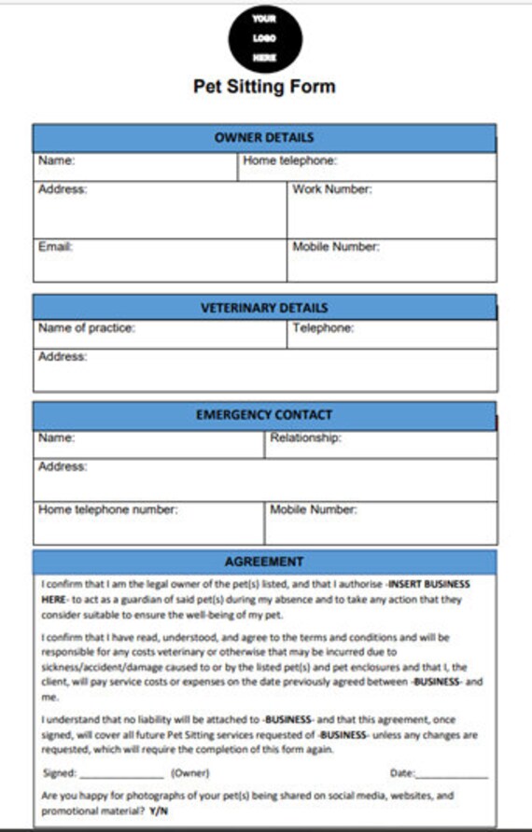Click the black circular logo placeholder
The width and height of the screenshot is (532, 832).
pyautogui.click(x=264, y=38)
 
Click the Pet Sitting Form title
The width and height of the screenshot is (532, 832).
pyautogui.click(x=264, y=87)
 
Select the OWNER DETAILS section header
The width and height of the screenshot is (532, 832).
pyautogui.click(x=264, y=138)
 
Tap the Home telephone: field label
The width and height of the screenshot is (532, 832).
pyautogui.click(x=289, y=161)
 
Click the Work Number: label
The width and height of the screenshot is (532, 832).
pyautogui.click(x=332, y=189)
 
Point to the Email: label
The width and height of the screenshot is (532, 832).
pyautogui.click(x=55, y=247)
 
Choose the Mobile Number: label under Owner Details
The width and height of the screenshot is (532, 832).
pyautogui.click(x=336, y=247)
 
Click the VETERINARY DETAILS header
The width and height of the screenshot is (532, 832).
pyautogui.click(x=264, y=308)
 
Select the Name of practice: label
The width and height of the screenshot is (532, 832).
pyautogui.click(x=86, y=328)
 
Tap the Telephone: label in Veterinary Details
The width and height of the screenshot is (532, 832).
pyautogui.click(x=323, y=328)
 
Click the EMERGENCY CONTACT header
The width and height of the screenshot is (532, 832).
pyautogui.click(x=264, y=415)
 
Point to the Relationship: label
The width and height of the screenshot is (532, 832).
pyautogui.click(x=305, y=437)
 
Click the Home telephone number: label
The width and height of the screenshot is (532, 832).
pyautogui.click(x=107, y=510)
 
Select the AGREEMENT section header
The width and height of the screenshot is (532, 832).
pyautogui.click(x=264, y=562)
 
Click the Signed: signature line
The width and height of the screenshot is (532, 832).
pyautogui.click(x=121, y=773)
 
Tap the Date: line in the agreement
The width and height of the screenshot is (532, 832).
pyautogui.click(x=452, y=773)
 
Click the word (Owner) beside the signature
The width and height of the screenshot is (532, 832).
pyautogui.click(x=189, y=773)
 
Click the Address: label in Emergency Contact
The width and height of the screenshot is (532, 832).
pyautogui.click(x=62, y=466)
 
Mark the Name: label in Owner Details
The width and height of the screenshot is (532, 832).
pyautogui.click(x=56, y=161)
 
